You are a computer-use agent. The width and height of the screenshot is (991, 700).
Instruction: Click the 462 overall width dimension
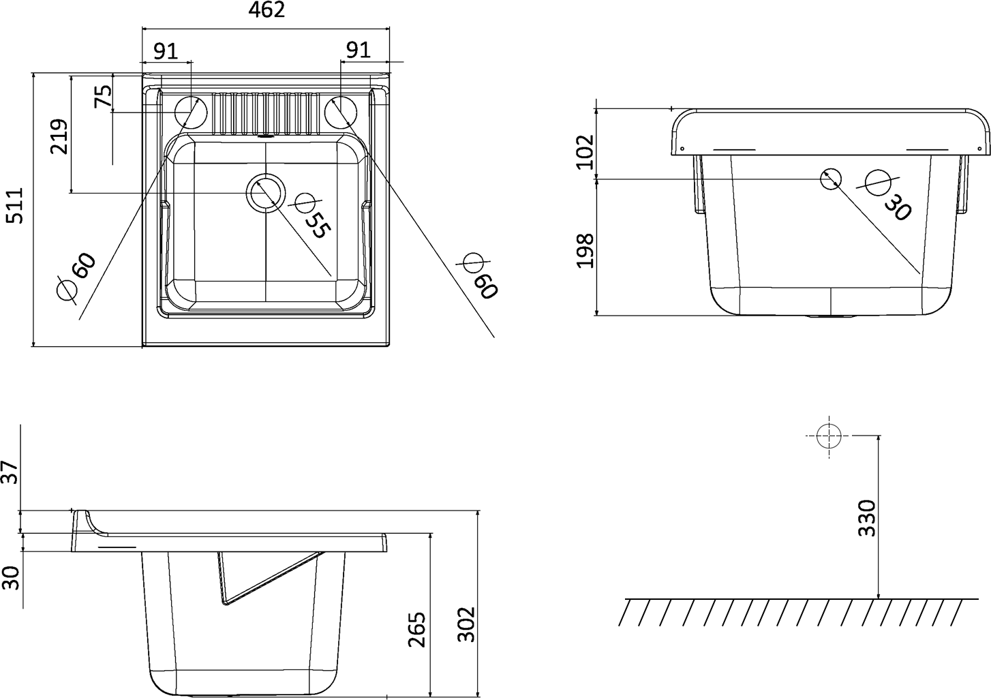tap(266, 10)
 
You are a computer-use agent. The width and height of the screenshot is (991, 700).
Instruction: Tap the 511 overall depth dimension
tap(16, 205)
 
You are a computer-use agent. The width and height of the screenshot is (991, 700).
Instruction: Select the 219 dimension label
tap(59, 136)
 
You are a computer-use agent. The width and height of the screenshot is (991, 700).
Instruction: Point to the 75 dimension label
tap(104, 96)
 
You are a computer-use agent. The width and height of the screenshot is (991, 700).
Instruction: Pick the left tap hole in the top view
tap(191, 112)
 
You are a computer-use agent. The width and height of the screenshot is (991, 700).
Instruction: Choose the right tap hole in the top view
tap(340, 112)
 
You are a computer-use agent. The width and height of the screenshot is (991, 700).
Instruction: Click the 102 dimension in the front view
tap(585, 152)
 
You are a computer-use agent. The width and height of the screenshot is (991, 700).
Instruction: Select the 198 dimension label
tap(585, 251)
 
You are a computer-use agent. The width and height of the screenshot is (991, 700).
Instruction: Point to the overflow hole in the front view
tap(831, 179)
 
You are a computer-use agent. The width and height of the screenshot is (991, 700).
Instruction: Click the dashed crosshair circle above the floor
tap(829, 436)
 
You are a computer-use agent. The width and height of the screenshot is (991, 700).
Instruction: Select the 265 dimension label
tap(416, 629)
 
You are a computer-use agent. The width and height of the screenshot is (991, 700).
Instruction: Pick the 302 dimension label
tap(466, 624)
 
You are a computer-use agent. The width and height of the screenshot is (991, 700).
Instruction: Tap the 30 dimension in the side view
tap(11, 578)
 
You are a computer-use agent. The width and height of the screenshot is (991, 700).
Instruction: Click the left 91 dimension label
tap(166, 51)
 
